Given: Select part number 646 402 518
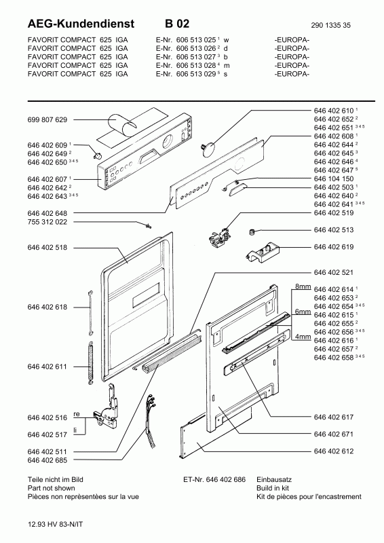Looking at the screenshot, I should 47,248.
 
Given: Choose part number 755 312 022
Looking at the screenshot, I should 47,222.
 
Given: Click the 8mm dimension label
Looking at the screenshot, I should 302,288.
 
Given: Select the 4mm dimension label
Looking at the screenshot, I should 302,336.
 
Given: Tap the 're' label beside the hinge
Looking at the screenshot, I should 78,413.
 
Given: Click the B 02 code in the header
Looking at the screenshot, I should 177,24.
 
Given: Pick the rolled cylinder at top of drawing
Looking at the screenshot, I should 123,126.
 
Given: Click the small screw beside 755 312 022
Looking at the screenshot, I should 146,224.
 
